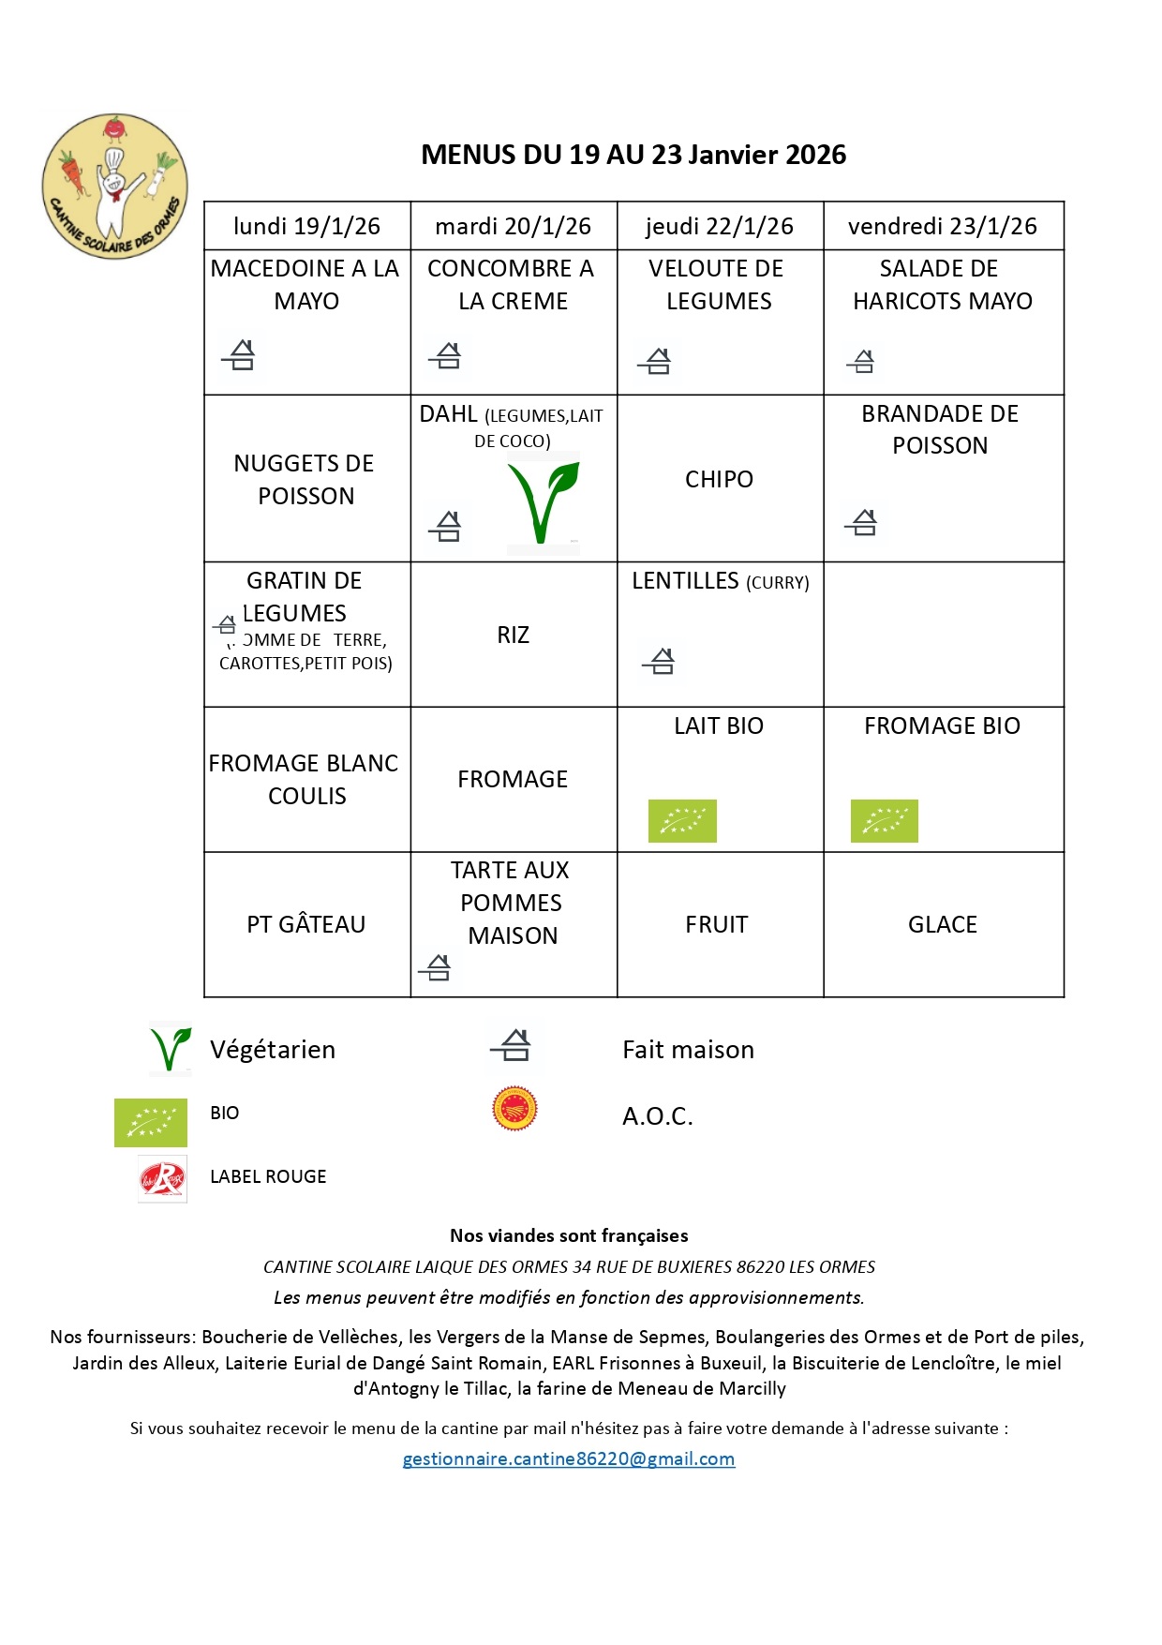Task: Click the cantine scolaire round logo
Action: [114, 187]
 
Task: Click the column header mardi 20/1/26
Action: [513, 226]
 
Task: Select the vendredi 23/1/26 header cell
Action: [942, 226]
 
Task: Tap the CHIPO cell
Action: [719, 479]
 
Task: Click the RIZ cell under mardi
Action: [513, 635]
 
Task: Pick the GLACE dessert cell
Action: [942, 924]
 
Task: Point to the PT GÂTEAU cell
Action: [305, 924]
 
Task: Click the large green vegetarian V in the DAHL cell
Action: [543, 502]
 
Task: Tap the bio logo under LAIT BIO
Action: [682, 821]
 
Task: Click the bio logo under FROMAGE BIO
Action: [884, 821]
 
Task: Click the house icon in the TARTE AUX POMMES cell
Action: [436, 966]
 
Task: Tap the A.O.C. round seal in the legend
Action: [514, 1109]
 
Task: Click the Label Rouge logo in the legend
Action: [162, 1178]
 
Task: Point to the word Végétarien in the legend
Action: [273, 1050]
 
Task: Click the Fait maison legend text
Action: [688, 1050]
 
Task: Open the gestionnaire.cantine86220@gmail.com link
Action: [568, 1458]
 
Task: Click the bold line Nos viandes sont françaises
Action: [569, 1235]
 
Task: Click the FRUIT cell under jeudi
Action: [717, 924]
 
